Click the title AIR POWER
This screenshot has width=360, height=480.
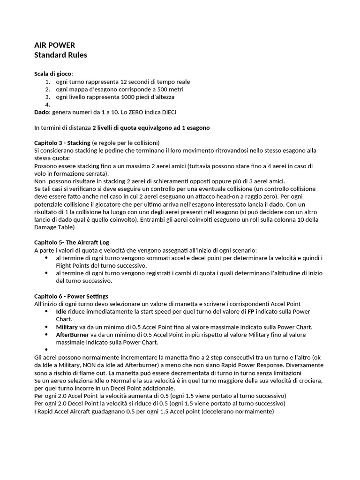coord(54,45)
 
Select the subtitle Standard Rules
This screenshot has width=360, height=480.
coord(60,55)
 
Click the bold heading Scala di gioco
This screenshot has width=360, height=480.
coord(53,74)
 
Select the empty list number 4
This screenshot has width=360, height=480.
coord(48,105)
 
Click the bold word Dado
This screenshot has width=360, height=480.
coord(42,112)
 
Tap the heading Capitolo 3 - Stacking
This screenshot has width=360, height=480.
coord(62,142)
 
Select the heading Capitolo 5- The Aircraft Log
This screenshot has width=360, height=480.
coord(71,242)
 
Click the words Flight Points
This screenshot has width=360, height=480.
coord(72,265)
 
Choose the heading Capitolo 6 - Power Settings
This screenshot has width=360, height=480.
coord(71,296)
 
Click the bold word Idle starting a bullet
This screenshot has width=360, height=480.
coord(61,311)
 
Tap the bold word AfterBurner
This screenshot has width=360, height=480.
coord(72,335)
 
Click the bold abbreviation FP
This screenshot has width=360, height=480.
coord(251,311)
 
